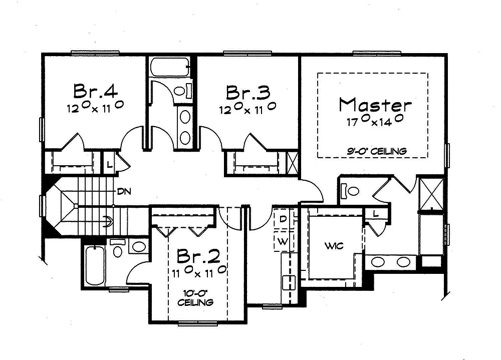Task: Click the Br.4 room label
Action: tap(96, 91)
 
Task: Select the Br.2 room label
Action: tap(198, 256)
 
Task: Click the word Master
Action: tap(375, 105)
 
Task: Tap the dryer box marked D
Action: tap(283, 219)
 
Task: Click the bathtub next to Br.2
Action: tap(94, 266)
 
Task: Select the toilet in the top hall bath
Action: tap(180, 91)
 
